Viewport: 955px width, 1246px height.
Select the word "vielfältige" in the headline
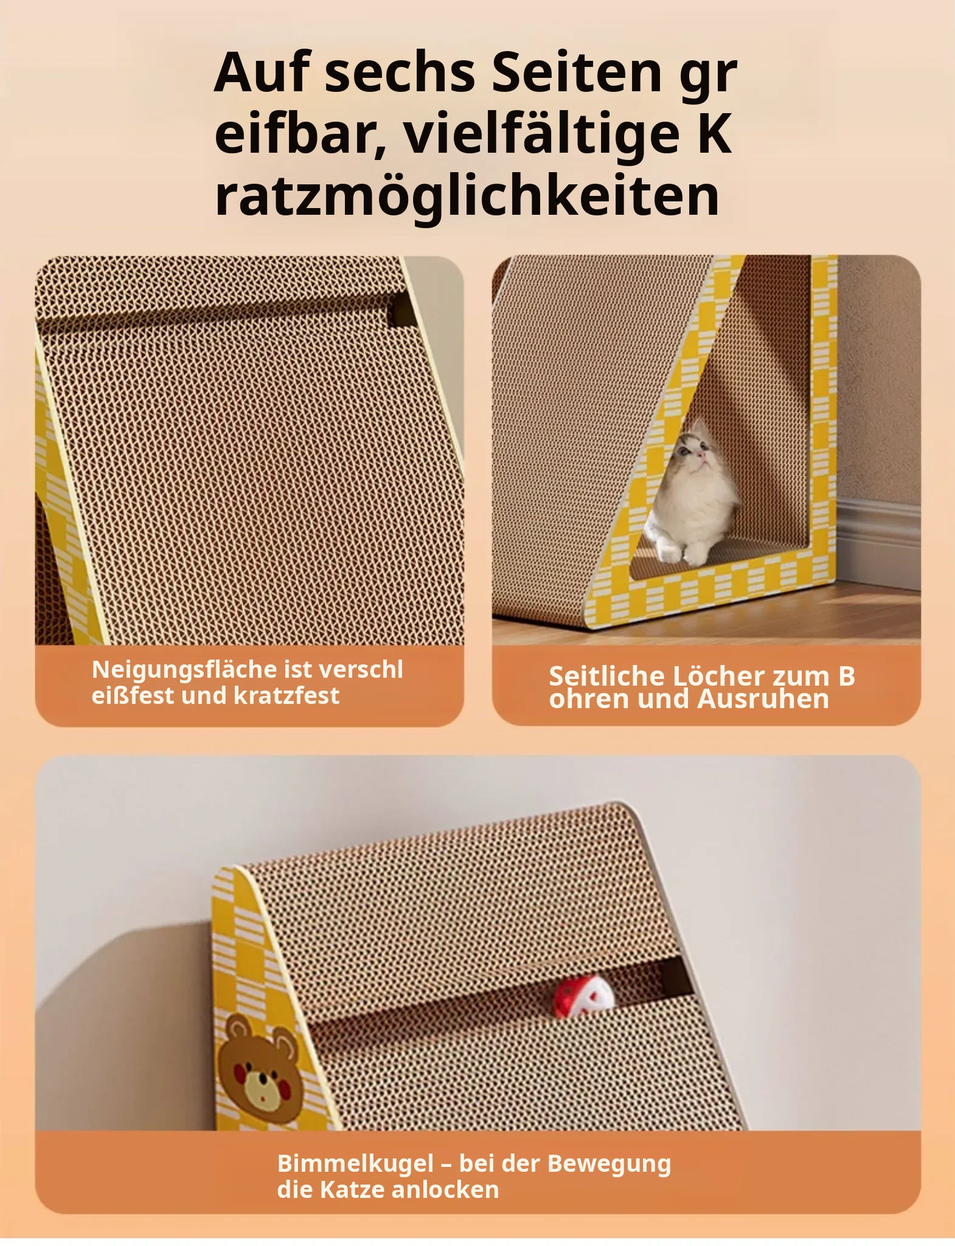pos(541,134)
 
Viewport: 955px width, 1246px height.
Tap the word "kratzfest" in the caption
pos(286,695)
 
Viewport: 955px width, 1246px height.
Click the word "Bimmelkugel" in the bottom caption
pos(356,1163)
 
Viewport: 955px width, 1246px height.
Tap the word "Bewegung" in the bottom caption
pos(609,1163)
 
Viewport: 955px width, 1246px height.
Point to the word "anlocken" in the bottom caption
pos(445,1189)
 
